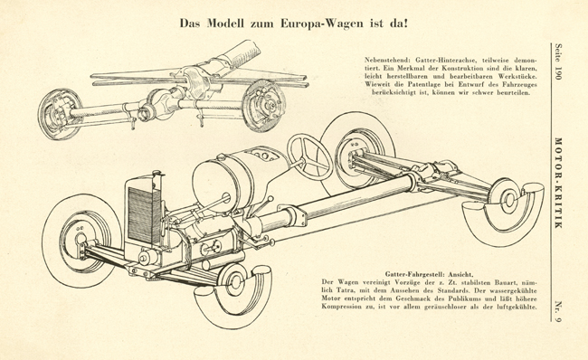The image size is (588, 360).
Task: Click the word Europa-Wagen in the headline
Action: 322,24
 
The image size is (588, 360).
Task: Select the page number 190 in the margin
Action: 559,72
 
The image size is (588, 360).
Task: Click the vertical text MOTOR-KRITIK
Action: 559,183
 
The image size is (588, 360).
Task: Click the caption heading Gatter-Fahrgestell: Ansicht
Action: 426,274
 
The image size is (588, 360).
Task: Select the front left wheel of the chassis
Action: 81,241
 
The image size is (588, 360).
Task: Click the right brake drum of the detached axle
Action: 263,106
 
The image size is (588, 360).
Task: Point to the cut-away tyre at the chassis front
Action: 233,297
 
